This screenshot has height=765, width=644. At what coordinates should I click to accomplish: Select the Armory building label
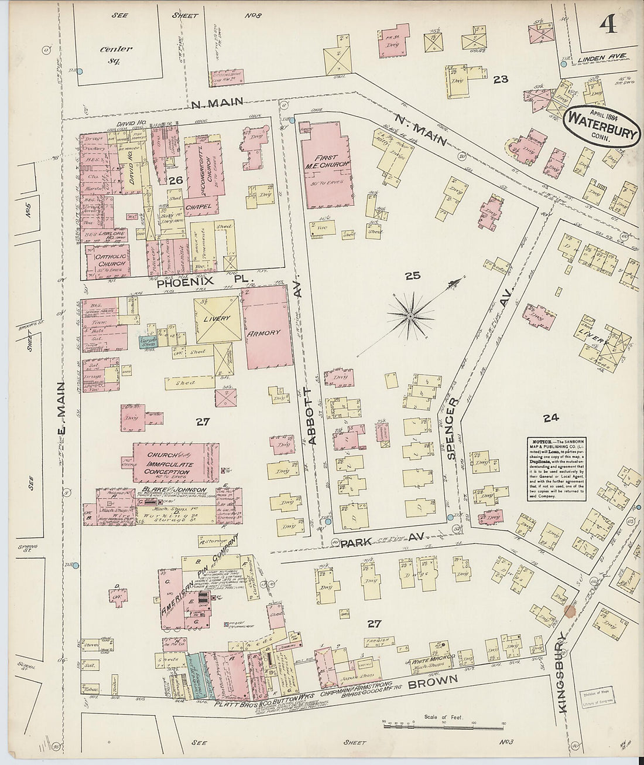pyautogui.click(x=267, y=332)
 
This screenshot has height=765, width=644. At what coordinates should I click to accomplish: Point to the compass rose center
pyautogui.click(x=410, y=317)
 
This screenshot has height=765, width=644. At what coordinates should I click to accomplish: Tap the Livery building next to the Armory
pyautogui.click(x=217, y=319)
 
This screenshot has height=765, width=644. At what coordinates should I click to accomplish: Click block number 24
pyautogui.click(x=551, y=418)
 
